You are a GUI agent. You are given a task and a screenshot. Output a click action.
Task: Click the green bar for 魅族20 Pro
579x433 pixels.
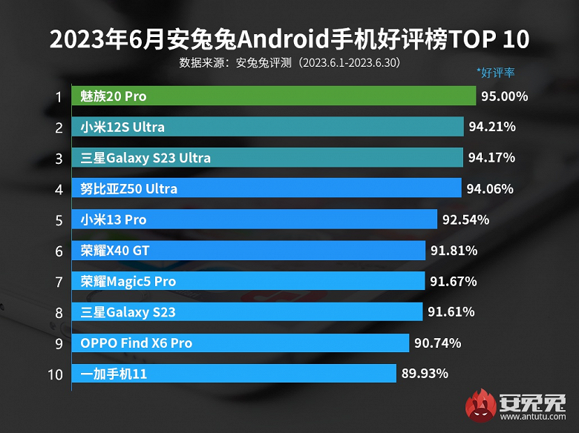[x=274, y=96]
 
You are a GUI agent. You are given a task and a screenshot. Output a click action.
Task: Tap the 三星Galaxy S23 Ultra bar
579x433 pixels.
[x=269, y=158]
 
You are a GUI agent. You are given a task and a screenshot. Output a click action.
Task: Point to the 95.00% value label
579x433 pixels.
[x=504, y=96]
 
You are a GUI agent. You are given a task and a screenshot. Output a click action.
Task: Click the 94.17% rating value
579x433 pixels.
[x=491, y=158]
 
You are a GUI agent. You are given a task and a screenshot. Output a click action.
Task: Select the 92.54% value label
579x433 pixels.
[x=465, y=219]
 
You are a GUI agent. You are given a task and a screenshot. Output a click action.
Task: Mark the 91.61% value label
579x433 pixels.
[x=451, y=312]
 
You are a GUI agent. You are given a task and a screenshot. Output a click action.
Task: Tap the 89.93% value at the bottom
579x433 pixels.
[x=425, y=374]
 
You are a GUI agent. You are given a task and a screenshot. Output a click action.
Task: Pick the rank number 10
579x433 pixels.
[x=55, y=374]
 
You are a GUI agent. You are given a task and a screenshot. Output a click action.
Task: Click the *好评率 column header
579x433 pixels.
[x=495, y=73]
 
